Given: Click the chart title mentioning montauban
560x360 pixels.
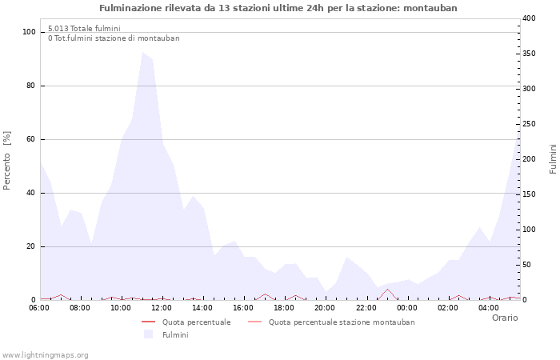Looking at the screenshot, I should point(278,8).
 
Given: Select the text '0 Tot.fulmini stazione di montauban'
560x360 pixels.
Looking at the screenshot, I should point(114,38).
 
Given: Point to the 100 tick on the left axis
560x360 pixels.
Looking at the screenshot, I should point(30,32).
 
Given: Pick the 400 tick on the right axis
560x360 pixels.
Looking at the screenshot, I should point(530,18).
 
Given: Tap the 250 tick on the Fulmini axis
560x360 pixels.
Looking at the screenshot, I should point(530,123).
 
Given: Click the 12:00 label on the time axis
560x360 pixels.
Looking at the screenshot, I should point(162,307).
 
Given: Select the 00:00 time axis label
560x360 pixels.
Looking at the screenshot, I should point(406,307).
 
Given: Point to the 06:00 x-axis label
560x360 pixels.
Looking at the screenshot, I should point(39,307).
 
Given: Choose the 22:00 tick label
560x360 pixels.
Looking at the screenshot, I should point(366,307).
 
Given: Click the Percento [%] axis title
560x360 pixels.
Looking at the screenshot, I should point(7,160).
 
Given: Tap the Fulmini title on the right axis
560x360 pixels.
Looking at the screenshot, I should point(553,158).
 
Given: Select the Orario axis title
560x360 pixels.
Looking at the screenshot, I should point(504,318).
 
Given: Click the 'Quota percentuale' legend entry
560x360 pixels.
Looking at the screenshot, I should point(196,322).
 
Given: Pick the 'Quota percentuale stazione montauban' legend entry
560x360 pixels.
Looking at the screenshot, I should point(342,322).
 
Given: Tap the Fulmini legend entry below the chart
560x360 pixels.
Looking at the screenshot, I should point(175,335).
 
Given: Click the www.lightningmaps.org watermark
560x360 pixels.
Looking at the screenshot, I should point(45,355).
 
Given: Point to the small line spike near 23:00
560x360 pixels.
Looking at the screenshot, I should point(387,290).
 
